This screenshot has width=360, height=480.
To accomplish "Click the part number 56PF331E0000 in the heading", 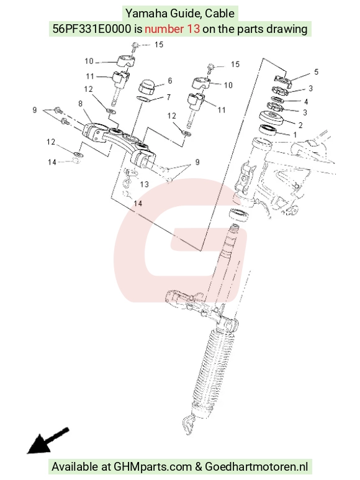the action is [92, 29].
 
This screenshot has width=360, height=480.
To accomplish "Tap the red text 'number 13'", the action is [172, 29].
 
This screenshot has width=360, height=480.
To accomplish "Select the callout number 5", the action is [316, 71].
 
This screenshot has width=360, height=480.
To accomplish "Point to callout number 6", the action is [170, 81].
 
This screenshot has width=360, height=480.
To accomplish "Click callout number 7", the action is [169, 97].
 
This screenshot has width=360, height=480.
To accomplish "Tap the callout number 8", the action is [80, 104].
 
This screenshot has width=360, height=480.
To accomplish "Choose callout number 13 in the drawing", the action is [145, 184].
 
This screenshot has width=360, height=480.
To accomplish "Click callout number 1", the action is [295, 135].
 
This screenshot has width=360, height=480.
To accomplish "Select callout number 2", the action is [300, 125].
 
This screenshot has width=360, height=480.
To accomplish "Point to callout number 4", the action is [305, 101].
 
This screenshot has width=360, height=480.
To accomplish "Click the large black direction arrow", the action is [48, 440].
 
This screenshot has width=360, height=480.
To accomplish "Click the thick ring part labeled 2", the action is [271, 117].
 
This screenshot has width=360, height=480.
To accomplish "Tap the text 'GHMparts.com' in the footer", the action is [153, 466].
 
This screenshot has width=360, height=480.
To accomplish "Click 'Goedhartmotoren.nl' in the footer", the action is [256, 466].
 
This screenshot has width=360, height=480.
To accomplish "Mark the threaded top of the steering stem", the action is [235, 229].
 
